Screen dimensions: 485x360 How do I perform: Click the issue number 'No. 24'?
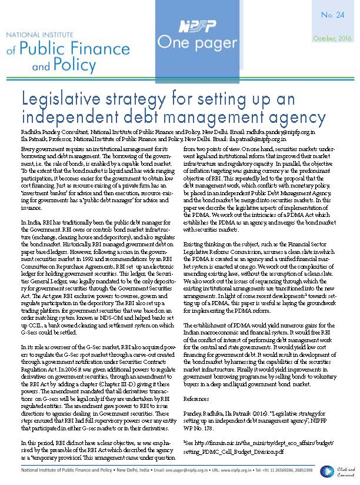[x=334, y=16]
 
